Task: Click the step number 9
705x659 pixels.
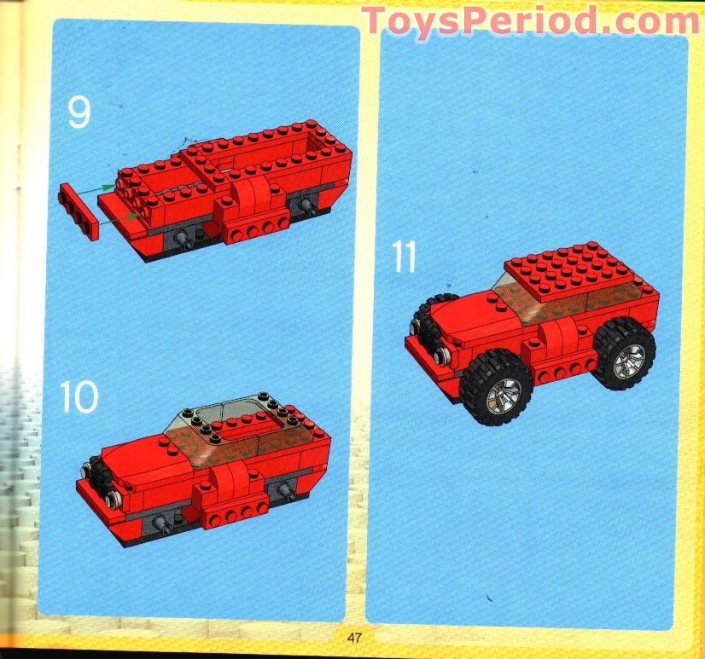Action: [x=79, y=113]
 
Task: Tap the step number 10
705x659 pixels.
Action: [x=79, y=396]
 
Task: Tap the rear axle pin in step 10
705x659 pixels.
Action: [x=281, y=488]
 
